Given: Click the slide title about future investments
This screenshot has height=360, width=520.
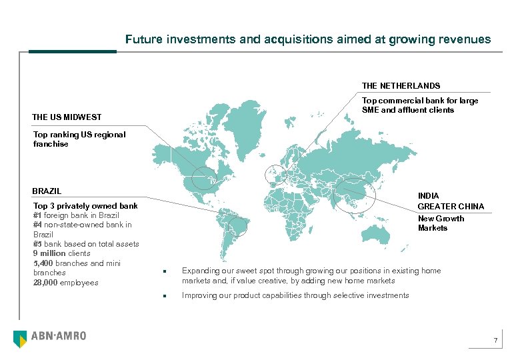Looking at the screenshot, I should click(x=308, y=39).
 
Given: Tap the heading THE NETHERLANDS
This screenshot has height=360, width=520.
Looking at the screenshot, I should click(x=401, y=85).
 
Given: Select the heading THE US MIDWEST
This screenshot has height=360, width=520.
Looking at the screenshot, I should click(x=67, y=117).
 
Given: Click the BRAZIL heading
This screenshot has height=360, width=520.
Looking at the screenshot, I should click(x=47, y=191).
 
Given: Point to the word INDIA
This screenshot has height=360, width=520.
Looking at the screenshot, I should click(x=429, y=196).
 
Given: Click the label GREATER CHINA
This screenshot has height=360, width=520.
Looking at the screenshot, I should click(x=451, y=206).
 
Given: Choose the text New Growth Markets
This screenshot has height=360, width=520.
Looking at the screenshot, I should click(x=441, y=223).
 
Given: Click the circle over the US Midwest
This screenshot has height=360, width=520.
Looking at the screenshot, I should click(x=204, y=177).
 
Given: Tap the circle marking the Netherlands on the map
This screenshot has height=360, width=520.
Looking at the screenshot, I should click(x=275, y=175).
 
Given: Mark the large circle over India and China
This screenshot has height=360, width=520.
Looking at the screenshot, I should click(x=355, y=195).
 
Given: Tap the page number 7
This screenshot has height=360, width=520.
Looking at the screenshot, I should click(x=495, y=342).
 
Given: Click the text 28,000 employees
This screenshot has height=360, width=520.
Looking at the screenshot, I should click(x=66, y=283).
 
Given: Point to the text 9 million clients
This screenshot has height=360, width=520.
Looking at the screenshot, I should click(x=61, y=253).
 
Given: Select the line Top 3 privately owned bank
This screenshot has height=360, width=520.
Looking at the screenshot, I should click(x=85, y=206).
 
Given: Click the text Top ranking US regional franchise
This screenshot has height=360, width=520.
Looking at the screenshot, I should click(x=79, y=139).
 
